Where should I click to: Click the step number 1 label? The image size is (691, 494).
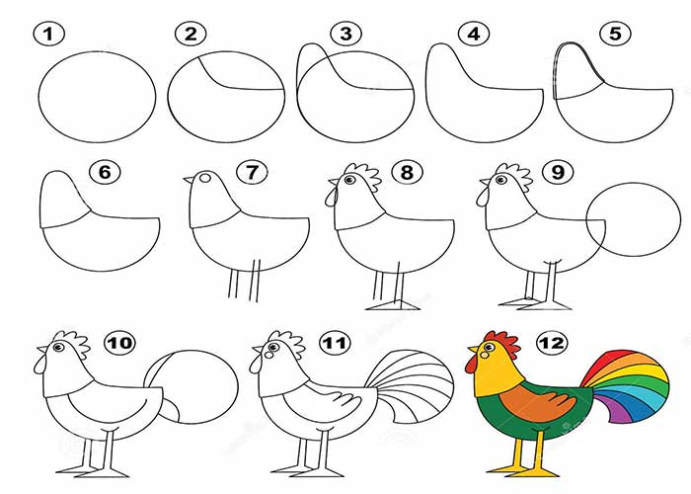pos(48,34)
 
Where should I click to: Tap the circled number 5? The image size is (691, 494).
pos(615,34)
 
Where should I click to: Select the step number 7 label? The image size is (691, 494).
pos(252,172)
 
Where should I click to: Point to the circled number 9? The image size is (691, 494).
pos(558,171)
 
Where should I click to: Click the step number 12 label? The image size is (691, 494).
pos(552,343)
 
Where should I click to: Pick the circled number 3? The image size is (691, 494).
pos(346,34)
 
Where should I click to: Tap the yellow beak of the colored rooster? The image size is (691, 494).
pos(473,350)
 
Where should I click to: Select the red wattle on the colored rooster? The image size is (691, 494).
pos(471,363)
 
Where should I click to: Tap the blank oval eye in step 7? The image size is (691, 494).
pos(205,178)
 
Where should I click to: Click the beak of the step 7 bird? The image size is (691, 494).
pos(189,179)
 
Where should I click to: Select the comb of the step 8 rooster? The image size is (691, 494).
pos(362,174)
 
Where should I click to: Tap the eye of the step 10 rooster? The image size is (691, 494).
pos(57,347)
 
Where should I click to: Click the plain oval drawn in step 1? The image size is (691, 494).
pos(98,97)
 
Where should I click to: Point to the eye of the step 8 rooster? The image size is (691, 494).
pos(349,180)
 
